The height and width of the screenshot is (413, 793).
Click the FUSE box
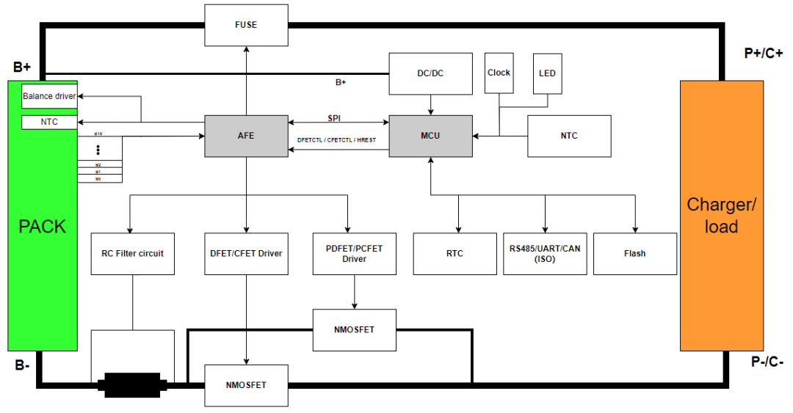[246, 25]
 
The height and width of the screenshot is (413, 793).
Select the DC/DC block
[430, 73]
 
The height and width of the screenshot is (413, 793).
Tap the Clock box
[499, 73]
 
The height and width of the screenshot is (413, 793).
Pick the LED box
[547, 73]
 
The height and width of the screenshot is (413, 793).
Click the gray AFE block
[246, 136]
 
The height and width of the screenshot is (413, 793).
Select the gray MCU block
[430, 136]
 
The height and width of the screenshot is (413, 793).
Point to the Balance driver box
[49, 96]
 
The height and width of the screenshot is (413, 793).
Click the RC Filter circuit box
[133, 254]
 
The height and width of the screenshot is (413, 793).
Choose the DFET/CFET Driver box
[246, 254]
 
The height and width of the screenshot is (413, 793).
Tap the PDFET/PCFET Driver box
[354, 254]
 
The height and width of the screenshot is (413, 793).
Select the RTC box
[455, 254]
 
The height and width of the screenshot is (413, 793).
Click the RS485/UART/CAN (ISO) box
[545, 254]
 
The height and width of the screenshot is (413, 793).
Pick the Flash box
[634, 254]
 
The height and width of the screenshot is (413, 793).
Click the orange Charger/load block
[721, 216]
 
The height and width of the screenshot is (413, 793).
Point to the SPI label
[334, 118]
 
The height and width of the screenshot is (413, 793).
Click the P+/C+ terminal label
[763, 53]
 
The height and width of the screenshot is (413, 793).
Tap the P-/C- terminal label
[767, 362]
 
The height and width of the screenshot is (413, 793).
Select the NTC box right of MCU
[569, 136]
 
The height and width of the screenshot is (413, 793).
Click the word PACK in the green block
[42, 227]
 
